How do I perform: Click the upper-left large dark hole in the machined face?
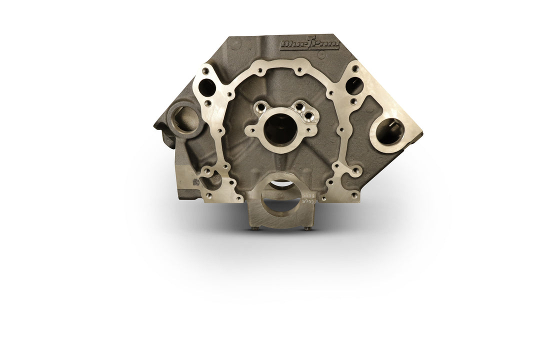point(206,88)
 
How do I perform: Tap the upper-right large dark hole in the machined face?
point(354,86)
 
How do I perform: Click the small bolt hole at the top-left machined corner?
point(204,70)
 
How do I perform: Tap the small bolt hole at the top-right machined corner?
point(355,68)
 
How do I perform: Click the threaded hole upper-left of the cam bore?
point(260,106)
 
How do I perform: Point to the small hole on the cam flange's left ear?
point(251,132)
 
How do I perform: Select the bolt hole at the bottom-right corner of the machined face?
point(354,195)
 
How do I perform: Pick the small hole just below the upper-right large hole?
point(353,101)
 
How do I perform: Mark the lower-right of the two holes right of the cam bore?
point(308,116)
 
